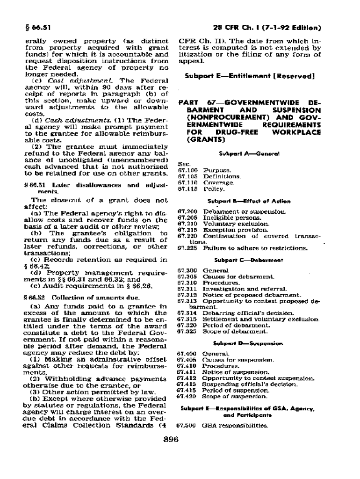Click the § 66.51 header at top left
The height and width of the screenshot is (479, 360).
[33, 28]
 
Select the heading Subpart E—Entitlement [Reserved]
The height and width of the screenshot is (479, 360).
[249, 75]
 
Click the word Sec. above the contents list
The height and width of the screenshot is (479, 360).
[183, 164]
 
